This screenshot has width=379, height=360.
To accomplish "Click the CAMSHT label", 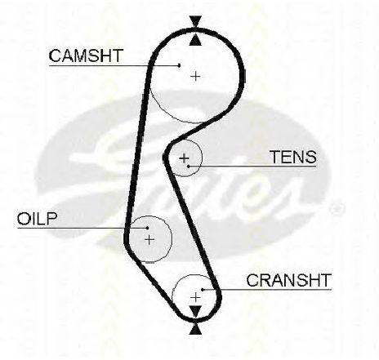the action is click(86, 56).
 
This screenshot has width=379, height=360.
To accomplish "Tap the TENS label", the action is click(293, 157).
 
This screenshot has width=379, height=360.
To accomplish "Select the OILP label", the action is click(38, 219).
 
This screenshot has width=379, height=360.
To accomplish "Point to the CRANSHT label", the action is click(289, 280).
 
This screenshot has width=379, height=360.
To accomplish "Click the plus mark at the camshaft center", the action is click(195, 76).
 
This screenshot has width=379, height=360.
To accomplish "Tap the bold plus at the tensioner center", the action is click(185, 158).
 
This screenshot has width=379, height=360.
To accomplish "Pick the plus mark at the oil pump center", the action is click(149, 240).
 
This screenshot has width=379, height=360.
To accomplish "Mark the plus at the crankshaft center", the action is click(195, 298).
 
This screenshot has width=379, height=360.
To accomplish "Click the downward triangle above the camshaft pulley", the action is click(196, 21).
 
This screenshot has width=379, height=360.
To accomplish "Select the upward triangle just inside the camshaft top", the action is click(196, 40).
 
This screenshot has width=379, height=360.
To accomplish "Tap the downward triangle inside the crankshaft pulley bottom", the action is click(195, 311).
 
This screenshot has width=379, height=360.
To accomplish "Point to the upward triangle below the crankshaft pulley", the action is click(195, 329).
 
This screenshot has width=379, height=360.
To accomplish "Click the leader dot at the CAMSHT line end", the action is click(179, 65).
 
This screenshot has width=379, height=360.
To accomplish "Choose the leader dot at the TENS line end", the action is click(189, 166).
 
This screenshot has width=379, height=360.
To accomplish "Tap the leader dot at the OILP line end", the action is click(147, 228).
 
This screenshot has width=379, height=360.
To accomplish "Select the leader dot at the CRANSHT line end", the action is click(203, 289).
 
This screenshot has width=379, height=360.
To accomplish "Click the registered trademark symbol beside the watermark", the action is click(337, 208).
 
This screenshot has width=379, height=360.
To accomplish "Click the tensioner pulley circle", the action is click(203, 158).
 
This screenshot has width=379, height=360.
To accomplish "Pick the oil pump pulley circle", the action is click(172, 239).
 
